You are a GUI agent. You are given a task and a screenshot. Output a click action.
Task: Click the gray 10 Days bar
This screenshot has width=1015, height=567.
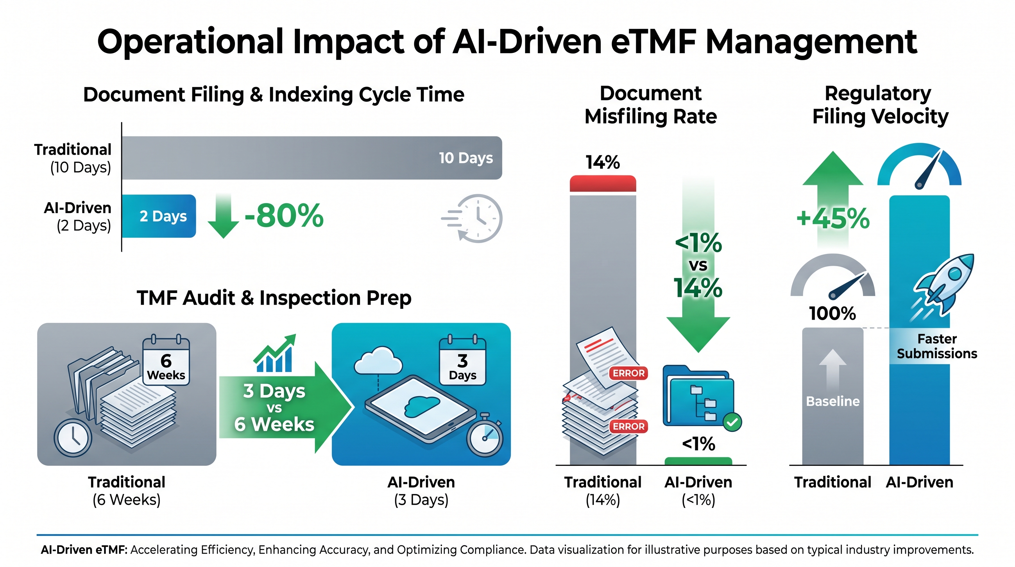click(312, 158)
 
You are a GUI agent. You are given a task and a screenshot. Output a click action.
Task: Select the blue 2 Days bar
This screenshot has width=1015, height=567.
click(159, 216)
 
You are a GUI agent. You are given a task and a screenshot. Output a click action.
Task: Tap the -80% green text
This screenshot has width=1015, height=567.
click(284, 216)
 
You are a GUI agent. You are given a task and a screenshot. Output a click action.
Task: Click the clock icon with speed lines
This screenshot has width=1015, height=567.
click(472, 218)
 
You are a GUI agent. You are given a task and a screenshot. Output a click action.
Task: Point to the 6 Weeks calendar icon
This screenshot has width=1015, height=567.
click(166, 360)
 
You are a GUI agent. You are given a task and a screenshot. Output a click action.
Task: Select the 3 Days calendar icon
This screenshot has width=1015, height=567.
click(463, 360)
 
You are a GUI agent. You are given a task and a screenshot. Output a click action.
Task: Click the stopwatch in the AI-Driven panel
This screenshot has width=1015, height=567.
click(485, 435)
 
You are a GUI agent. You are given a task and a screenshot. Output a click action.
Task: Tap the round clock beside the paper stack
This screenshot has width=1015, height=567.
click(73, 438)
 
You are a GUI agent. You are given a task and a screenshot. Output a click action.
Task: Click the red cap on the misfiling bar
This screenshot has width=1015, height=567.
click(603, 184)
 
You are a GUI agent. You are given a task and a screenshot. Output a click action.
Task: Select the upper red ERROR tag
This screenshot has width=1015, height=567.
click(628, 373)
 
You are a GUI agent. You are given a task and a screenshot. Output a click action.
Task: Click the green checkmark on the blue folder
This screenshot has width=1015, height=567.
click(732, 422)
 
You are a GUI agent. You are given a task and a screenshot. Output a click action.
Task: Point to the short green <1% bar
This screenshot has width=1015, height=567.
click(698, 461)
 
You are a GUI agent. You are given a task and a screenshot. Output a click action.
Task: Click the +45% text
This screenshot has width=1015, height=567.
click(833, 218)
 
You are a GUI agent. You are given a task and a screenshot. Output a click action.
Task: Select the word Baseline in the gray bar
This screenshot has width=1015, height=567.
click(832, 401)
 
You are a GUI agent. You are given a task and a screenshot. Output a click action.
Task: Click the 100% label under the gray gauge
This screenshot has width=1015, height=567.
click(832, 313)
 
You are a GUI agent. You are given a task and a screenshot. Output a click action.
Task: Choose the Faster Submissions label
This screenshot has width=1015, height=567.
click(937, 346)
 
